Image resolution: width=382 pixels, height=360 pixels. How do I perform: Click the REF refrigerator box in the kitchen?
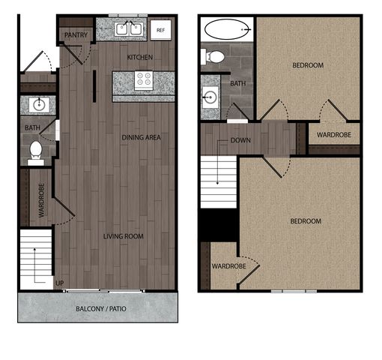(x=160, y=30)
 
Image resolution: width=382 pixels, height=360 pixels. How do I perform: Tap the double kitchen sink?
(x=129, y=29)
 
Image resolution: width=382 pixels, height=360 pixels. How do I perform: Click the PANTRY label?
(x=76, y=35)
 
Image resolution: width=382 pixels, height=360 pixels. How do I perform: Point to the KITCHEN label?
(x=140, y=57)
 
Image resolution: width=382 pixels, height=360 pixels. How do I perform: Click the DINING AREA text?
(x=141, y=137)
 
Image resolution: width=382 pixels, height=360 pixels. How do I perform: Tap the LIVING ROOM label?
(x=124, y=236)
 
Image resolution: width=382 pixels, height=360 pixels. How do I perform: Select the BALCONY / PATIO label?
(x=101, y=309)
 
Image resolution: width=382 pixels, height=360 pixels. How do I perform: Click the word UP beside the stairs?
(x=60, y=283)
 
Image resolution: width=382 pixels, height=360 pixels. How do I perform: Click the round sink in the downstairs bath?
(x=39, y=105)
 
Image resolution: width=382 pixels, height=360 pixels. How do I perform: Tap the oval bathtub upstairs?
(x=227, y=29)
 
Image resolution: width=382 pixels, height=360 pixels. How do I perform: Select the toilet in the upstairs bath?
(x=213, y=57)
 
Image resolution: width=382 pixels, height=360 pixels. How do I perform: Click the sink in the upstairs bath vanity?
(x=210, y=97)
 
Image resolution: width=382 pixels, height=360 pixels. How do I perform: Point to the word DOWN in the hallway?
(x=240, y=140)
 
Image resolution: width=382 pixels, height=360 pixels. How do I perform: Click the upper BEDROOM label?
(x=308, y=65)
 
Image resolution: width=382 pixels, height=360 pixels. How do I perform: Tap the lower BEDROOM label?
(x=306, y=221)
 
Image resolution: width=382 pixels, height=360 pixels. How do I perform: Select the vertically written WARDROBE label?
(x=41, y=200)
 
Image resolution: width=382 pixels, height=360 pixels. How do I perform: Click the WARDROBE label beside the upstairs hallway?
(x=334, y=135)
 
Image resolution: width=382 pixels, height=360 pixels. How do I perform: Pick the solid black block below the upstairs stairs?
(x=219, y=225)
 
